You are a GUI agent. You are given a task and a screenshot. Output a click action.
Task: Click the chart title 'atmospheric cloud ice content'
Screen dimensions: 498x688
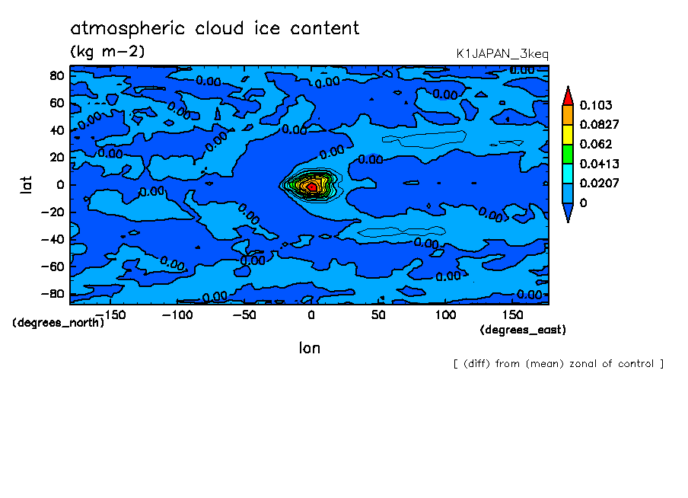[x=215, y=29]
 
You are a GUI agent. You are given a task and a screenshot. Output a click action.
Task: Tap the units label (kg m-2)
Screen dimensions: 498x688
[x=107, y=52]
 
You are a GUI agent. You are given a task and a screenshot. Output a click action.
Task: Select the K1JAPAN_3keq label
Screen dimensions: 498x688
[x=502, y=54]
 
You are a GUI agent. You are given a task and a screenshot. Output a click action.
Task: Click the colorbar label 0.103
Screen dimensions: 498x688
[x=595, y=104]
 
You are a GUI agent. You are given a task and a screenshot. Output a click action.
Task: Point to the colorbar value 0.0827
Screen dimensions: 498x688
[x=599, y=124]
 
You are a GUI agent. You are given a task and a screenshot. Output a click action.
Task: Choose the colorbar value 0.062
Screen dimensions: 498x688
[x=595, y=144]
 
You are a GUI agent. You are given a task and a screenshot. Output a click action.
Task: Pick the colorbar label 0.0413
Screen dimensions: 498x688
[x=599, y=164]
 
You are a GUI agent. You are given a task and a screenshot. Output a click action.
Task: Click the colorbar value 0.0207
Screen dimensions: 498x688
[x=599, y=184]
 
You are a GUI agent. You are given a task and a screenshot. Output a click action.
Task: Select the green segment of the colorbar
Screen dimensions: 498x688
[x=568, y=154]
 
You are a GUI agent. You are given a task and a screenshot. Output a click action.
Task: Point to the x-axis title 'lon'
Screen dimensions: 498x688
[x=309, y=348]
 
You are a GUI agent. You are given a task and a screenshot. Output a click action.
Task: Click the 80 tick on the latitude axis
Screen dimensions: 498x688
[x=56, y=75]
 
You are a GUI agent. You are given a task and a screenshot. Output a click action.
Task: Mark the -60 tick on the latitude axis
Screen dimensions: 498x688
[x=53, y=267]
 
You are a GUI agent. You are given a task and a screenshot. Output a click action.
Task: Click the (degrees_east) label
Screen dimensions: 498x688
[x=523, y=330]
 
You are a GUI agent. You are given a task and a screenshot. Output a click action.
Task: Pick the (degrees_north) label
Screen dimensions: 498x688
[x=58, y=322]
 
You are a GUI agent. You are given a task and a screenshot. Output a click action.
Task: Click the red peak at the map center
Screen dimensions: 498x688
[x=311, y=186]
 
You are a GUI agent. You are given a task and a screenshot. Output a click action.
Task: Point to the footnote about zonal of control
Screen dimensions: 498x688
[x=558, y=364]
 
